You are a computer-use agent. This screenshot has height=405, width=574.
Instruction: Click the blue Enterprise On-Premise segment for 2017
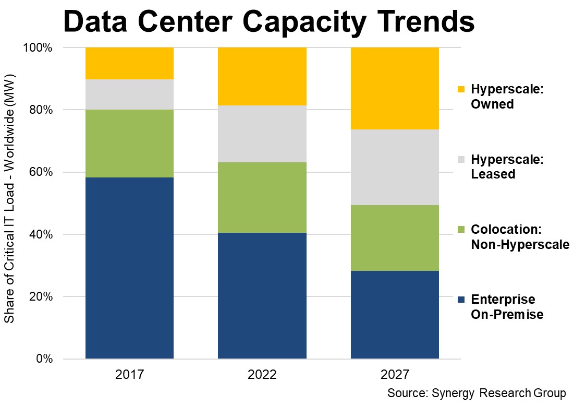129,268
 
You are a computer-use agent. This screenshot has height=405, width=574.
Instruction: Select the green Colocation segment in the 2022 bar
262,197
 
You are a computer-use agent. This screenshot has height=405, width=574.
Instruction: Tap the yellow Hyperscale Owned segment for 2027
395,88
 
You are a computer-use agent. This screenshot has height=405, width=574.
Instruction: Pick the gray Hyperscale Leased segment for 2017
129,94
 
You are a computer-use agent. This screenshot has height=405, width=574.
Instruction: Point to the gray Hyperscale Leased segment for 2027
395,167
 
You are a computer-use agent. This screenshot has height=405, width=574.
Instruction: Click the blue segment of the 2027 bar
395,314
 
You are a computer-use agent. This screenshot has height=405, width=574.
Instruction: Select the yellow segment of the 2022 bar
262,76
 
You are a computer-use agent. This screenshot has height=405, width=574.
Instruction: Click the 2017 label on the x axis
129,375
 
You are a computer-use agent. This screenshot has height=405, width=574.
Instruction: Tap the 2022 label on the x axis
262,375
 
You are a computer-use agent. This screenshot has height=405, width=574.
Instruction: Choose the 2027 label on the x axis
395,375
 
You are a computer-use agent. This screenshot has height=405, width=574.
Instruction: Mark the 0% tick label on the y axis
44,359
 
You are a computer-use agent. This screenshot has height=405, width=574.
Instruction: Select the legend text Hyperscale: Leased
507,166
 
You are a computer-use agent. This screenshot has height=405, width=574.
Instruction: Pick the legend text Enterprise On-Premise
507,307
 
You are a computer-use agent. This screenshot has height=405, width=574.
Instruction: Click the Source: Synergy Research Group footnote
476,392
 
